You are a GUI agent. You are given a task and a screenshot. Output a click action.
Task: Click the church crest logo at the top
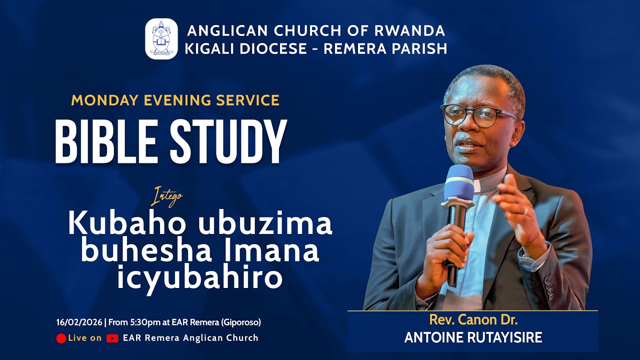point(161,39)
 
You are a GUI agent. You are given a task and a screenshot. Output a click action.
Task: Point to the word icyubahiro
point(200,278)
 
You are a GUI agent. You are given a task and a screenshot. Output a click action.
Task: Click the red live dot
point(61,338)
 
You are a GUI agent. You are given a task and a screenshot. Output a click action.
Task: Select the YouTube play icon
point(112,338)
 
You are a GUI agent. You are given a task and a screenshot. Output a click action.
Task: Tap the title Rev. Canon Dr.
point(472,319)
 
